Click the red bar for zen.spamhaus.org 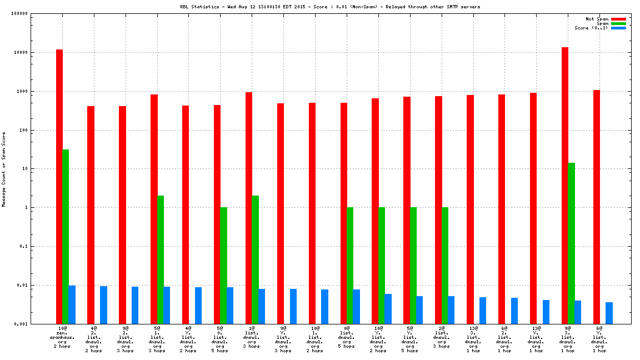pos(59,186)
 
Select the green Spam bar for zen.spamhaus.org pos(66,236)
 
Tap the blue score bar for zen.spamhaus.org pos(72,304)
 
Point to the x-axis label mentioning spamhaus pos(62,338)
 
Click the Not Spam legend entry pos(597,19)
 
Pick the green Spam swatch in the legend pos(618,23)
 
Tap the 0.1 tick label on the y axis pos(24,247)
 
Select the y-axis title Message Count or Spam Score pos(4,169)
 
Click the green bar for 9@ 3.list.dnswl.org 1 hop pos(571,243)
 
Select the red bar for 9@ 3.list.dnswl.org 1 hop pos(565,186)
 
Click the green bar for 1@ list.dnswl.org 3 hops pos(255,259)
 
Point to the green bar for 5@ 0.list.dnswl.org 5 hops pos(223,266)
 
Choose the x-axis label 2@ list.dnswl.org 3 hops pos(442,337)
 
